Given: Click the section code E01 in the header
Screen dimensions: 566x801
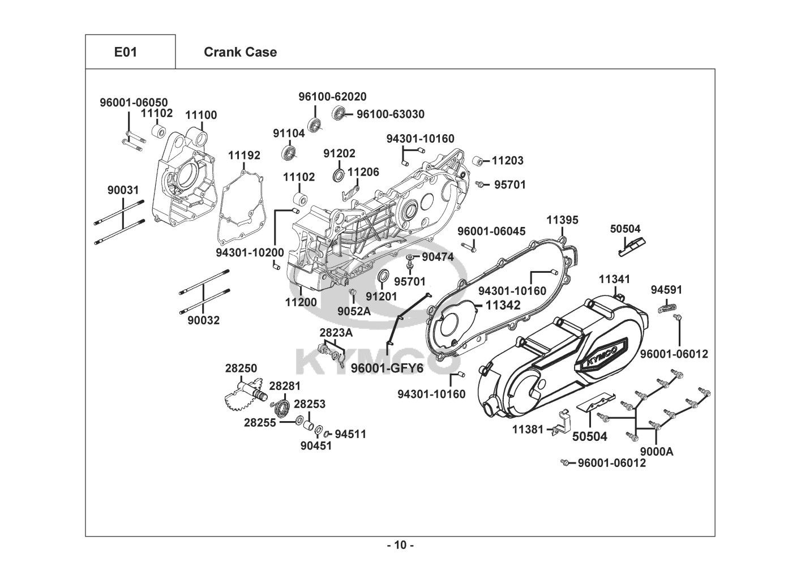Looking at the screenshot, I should coord(126,52).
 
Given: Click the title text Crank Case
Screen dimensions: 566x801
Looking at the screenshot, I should coord(240,52).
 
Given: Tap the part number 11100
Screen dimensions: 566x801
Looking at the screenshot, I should coord(201,115).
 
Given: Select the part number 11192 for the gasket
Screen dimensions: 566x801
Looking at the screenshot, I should coord(245,155).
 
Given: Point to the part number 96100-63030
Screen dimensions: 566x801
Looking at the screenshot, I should coord(390,114).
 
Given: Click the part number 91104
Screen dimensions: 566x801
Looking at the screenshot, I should coord(289,133).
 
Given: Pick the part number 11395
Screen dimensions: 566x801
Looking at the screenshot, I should coord(563,220).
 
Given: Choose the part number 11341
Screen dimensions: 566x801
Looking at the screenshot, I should coord(614,280).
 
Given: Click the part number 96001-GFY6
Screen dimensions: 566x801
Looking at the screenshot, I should coord(387,368).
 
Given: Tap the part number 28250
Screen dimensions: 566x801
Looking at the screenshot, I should coord(241,368).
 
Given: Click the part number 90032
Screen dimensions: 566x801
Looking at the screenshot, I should coord(204,320).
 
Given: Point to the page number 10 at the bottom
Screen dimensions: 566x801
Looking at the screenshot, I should coord(400,546).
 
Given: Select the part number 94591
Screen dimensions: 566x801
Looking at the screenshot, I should coord(666,290).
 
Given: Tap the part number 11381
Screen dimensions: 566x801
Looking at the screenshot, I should coord(528,430).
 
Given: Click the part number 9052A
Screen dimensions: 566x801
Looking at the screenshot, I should coord(354,311).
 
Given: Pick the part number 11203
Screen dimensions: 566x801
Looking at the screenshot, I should coord(507,161).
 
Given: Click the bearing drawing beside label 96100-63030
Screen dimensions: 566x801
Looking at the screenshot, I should coord(339,113).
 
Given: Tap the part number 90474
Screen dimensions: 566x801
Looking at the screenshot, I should coord(438,257).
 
